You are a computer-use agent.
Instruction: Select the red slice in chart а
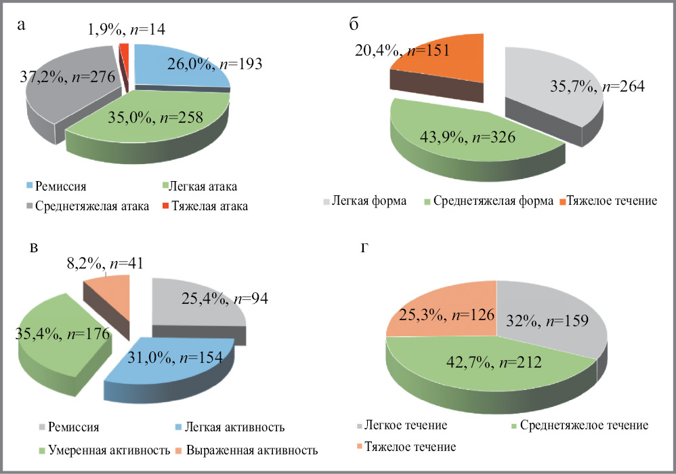[x=123, y=48]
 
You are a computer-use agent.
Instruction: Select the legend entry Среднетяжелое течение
[x=582, y=425]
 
